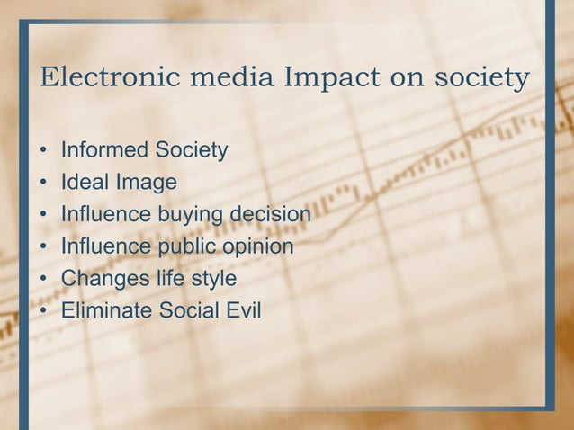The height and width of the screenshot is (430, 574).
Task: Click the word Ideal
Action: click(x=84, y=183)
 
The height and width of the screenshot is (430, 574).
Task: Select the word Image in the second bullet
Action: click(x=144, y=183)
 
